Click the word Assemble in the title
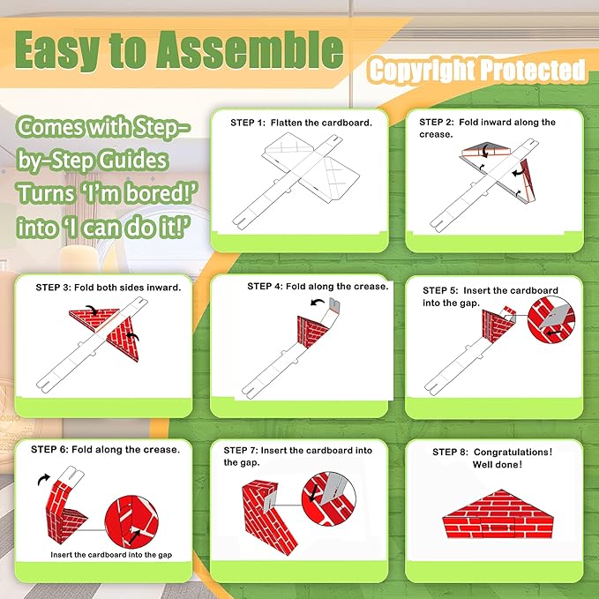[250, 51]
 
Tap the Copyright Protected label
[477, 71]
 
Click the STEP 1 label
[248, 123]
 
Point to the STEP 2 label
[437, 123]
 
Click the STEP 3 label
[53, 288]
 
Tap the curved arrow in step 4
[317, 303]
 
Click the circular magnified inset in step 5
[550, 319]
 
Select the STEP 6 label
[49, 449]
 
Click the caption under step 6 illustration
[111, 555]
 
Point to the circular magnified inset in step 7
[328, 499]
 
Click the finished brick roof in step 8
[498, 514]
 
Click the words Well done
[497, 465]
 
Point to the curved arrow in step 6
[43, 479]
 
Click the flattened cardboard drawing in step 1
[296, 180]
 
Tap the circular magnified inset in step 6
[131, 522]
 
